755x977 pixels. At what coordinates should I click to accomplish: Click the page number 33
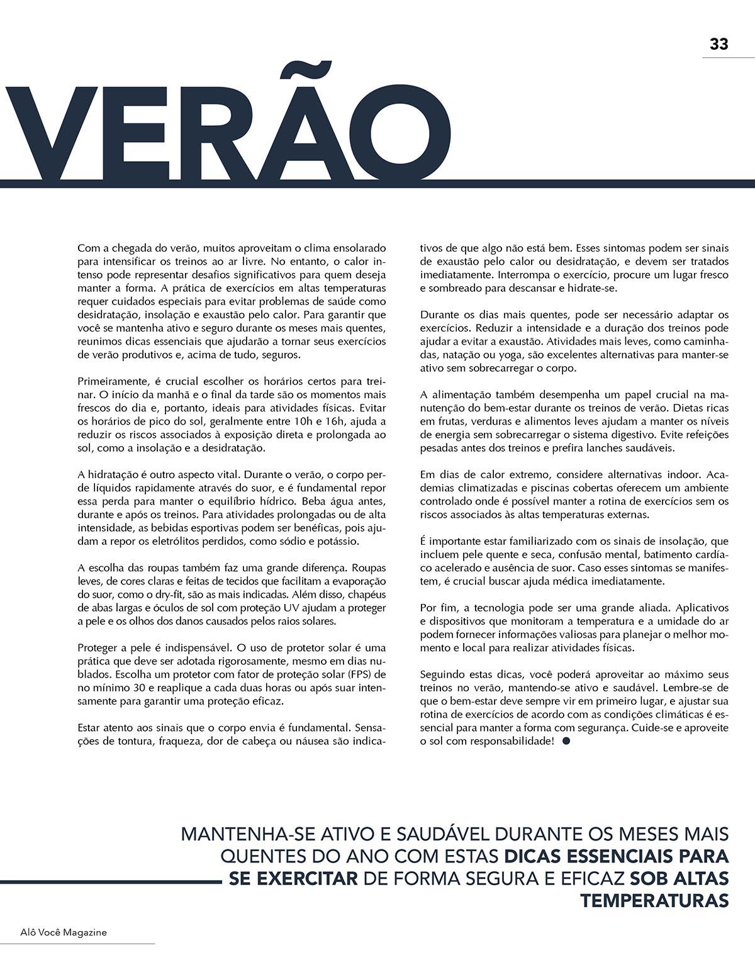719,45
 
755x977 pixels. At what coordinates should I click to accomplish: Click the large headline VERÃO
226,133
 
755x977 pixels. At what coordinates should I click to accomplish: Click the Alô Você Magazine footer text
54,932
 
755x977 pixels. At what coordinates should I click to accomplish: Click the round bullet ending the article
566,742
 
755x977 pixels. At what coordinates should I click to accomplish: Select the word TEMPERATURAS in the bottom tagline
654,900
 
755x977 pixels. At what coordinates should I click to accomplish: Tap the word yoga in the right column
506,355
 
